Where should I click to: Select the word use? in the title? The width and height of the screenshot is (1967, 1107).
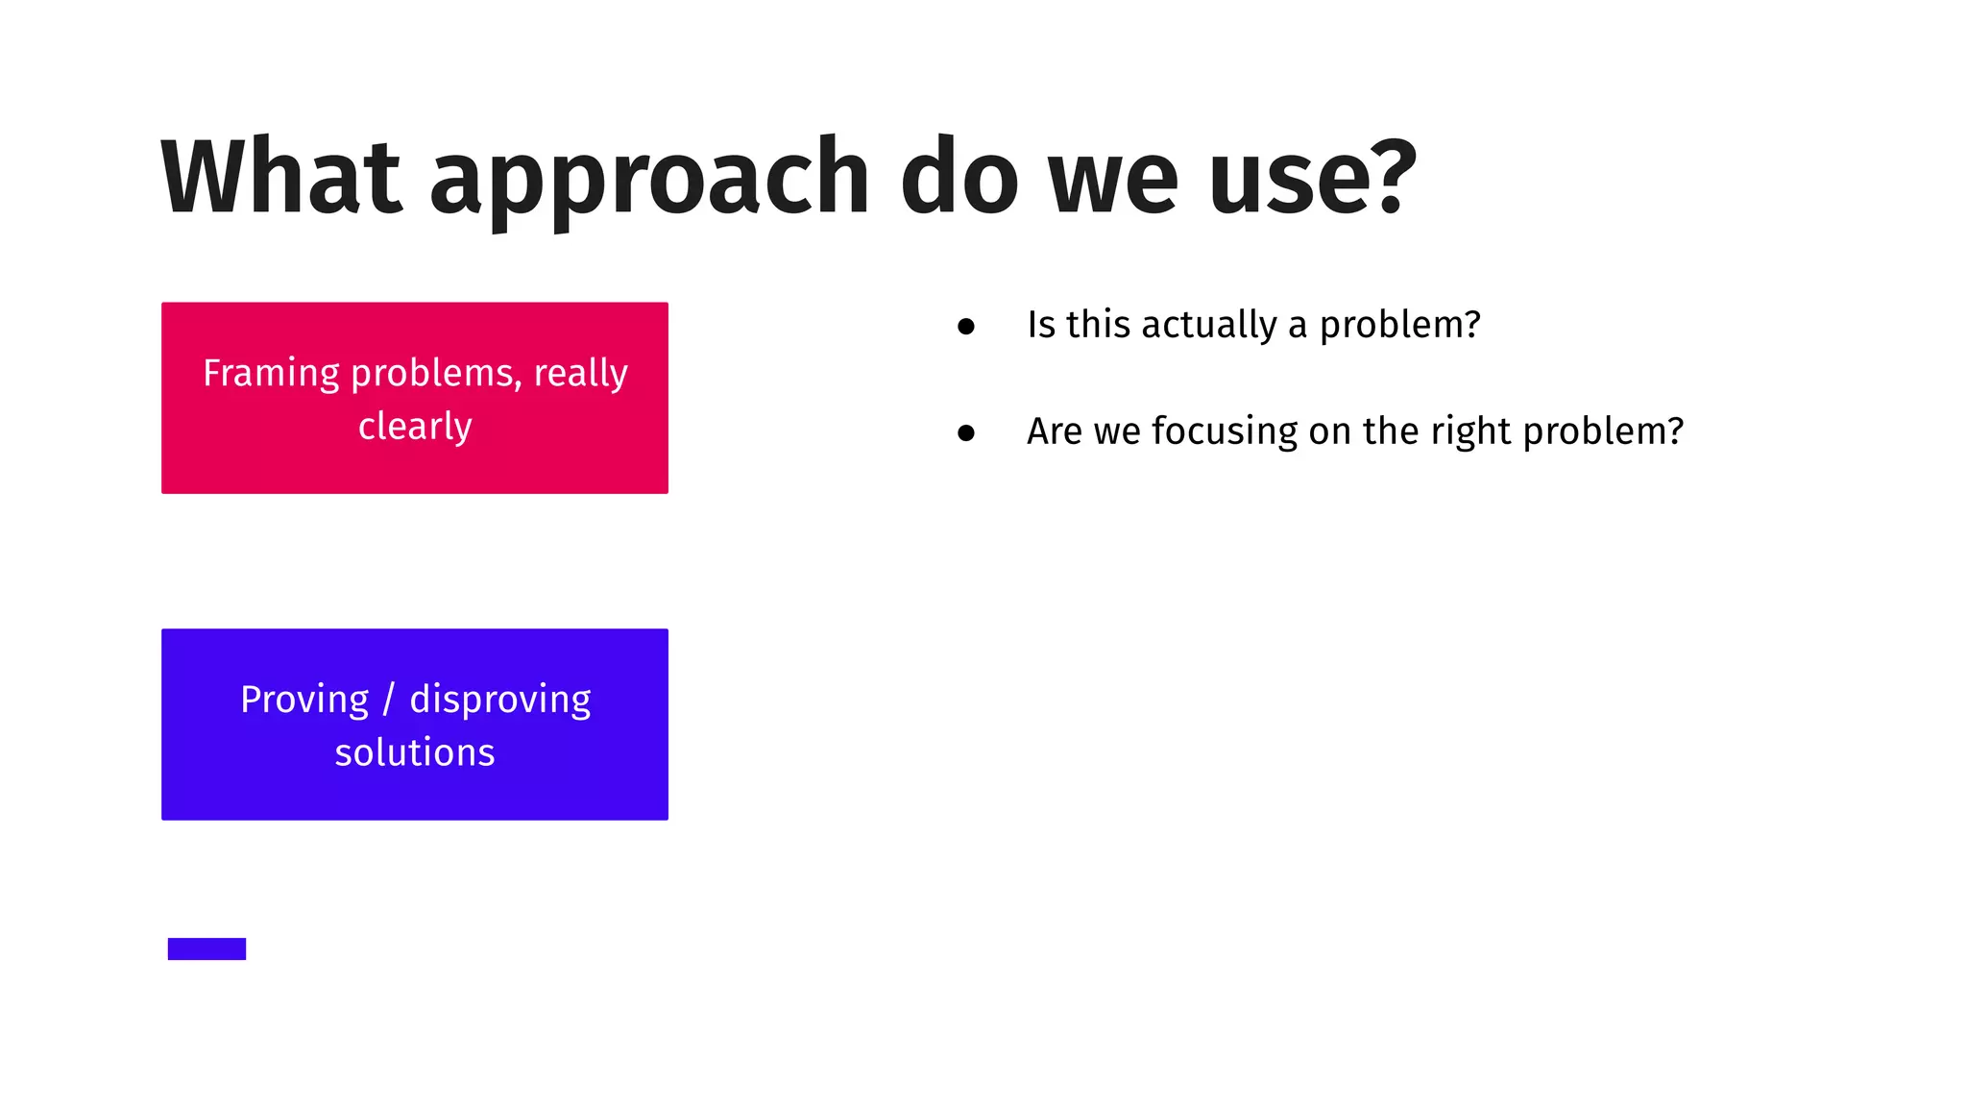pyautogui.click(x=1312, y=177)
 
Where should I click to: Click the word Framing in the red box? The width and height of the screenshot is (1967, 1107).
pyautogui.click(x=271, y=373)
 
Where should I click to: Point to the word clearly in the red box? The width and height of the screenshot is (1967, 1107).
pyautogui.click(x=415, y=426)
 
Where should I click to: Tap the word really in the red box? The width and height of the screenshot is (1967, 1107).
pyautogui.click(x=580, y=373)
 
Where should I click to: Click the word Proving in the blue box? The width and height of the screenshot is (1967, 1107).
pyautogui.click(x=304, y=700)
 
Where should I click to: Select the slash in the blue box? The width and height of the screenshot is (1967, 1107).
pyautogui.click(x=388, y=700)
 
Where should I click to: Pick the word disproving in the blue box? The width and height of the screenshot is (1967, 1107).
pyautogui.click(x=499, y=700)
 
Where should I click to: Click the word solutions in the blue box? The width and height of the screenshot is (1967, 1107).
pyautogui.click(x=415, y=752)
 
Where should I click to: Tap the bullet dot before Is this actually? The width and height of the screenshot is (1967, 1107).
pyautogui.click(x=966, y=327)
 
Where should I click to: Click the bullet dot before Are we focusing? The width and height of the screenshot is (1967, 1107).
pyautogui.click(x=966, y=433)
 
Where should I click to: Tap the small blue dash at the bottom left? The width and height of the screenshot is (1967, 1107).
pyautogui.click(x=206, y=948)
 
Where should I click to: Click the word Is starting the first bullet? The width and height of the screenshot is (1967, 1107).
pyautogui.click(x=1041, y=325)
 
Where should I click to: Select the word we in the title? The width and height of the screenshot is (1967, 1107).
pyautogui.click(x=1113, y=177)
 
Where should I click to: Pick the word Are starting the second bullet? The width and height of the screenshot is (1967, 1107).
pyautogui.click(x=1055, y=431)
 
